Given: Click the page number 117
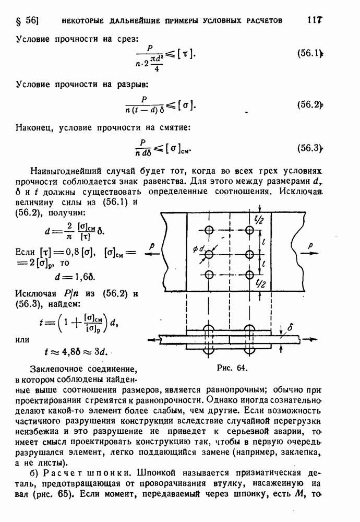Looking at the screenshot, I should point(314,20).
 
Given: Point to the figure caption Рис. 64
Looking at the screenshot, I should point(231,367).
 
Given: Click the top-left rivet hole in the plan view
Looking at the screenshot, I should point(209,230).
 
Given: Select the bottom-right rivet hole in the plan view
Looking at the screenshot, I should point(248,275).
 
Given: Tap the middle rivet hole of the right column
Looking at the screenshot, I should point(248,254).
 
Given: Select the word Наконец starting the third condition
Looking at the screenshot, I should point(37,127).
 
